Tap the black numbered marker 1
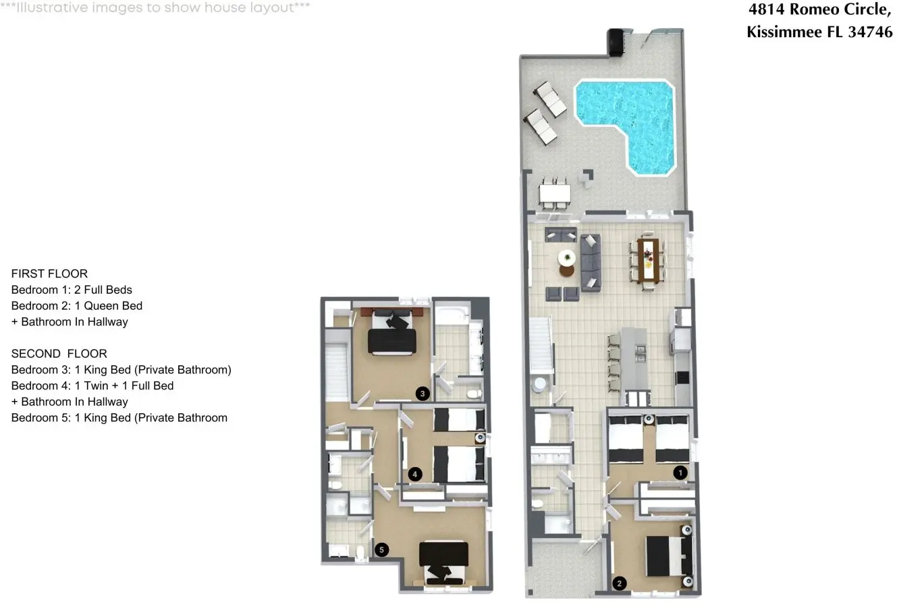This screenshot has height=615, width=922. (x=680, y=473)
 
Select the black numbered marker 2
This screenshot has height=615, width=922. (x=620, y=583)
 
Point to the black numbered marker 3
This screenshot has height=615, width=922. (x=423, y=394)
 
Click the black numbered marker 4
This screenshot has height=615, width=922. (x=415, y=474)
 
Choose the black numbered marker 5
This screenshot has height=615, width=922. (x=381, y=550)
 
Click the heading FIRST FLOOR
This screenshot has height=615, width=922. (x=49, y=273)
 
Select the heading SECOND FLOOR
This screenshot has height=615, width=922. (x=59, y=354)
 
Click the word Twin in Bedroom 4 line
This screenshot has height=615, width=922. (x=96, y=385)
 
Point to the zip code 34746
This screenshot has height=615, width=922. (x=870, y=32)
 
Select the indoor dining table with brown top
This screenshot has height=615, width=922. (x=648, y=261)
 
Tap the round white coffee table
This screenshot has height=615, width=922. (x=567, y=258)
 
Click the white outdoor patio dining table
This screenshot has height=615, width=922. (x=554, y=193)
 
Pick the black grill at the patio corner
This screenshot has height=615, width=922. (x=616, y=42)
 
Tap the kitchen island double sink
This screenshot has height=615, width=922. (x=641, y=353)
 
